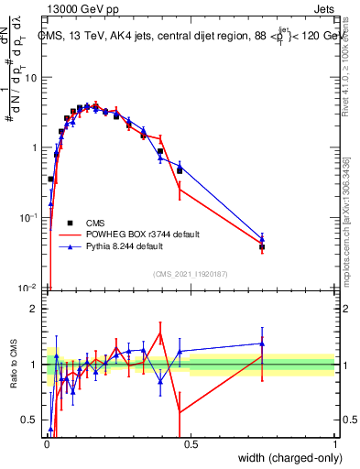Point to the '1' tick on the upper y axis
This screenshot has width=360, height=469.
tap(36, 147)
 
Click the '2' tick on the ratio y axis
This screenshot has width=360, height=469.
tap(36, 309)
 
